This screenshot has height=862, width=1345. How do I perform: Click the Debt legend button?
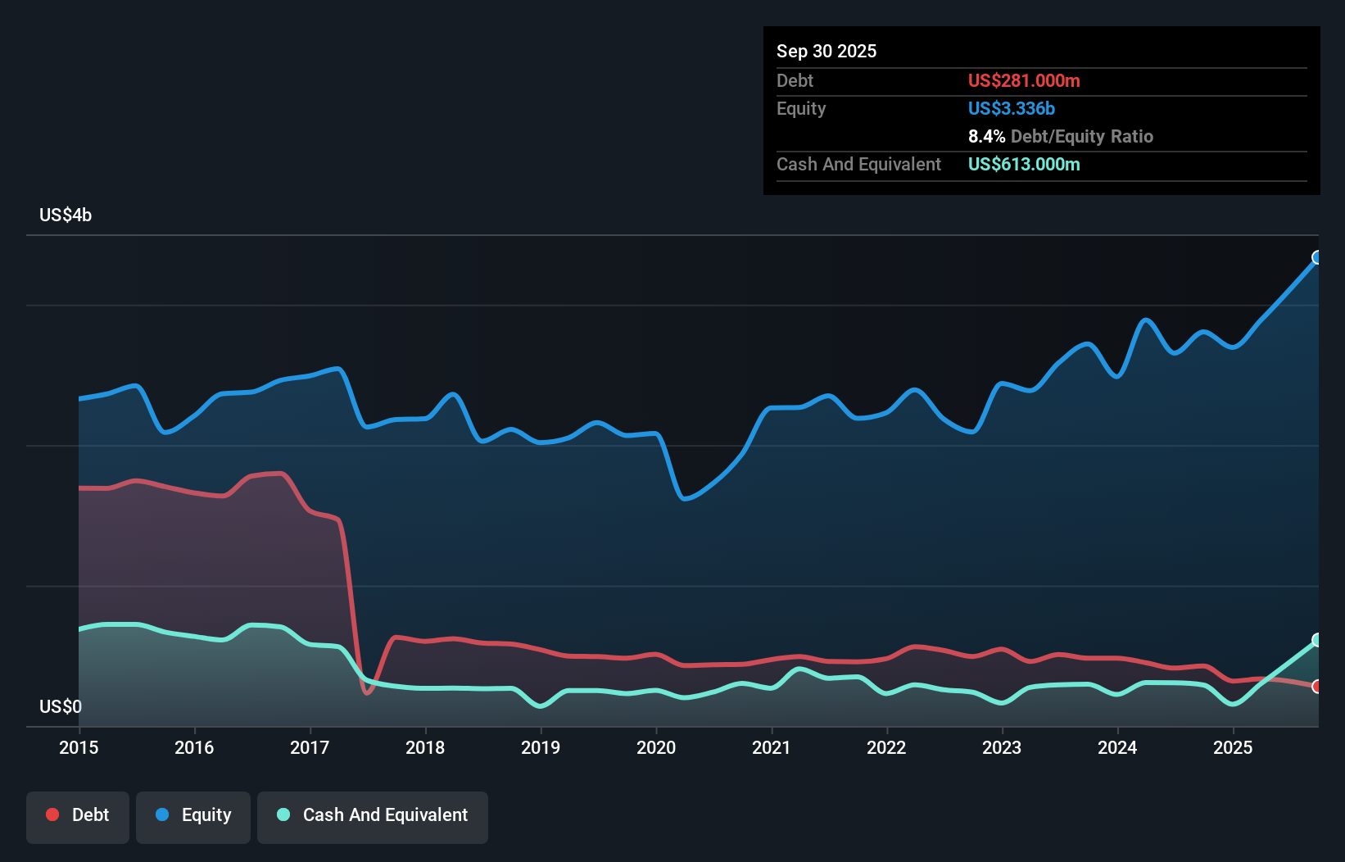[78, 815]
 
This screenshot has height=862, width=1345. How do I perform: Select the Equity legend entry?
[193, 815]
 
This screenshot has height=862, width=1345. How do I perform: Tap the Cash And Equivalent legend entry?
[373, 815]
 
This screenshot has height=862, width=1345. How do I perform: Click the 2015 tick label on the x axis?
[79, 747]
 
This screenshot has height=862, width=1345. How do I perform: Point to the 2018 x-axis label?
[425, 747]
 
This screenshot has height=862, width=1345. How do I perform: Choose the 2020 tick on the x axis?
[656, 747]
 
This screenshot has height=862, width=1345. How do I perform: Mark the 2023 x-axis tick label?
[1002, 747]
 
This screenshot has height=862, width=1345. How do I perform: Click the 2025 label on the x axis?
[1233, 747]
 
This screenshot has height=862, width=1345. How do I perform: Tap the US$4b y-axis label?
[66, 215]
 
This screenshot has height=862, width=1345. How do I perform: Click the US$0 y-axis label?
[61, 706]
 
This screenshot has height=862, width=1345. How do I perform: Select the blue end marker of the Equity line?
[1317, 258]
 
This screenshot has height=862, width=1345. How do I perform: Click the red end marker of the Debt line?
[1317, 687]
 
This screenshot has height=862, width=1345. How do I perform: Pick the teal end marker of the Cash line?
[1317, 640]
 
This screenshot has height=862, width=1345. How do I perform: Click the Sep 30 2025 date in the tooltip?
[826, 52]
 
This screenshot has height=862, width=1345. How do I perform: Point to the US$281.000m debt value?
[1024, 81]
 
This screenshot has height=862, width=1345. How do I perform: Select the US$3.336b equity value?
[1011, 109]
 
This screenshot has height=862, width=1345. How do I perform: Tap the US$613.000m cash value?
[1024, 165]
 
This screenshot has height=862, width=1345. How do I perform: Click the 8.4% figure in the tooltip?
[986, 137]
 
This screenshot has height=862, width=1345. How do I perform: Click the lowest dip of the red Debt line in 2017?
[367, 692]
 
